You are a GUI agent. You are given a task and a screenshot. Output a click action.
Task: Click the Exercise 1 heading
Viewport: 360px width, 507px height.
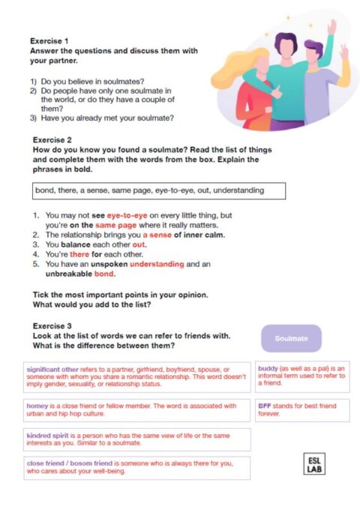[49, 40]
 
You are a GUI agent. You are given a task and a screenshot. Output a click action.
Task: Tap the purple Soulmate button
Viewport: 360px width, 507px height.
[291, 338]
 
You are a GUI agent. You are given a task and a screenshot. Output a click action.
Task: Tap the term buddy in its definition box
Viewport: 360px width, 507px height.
[268, 367]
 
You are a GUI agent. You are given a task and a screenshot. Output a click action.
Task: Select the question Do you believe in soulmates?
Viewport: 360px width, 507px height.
[91, 80]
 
